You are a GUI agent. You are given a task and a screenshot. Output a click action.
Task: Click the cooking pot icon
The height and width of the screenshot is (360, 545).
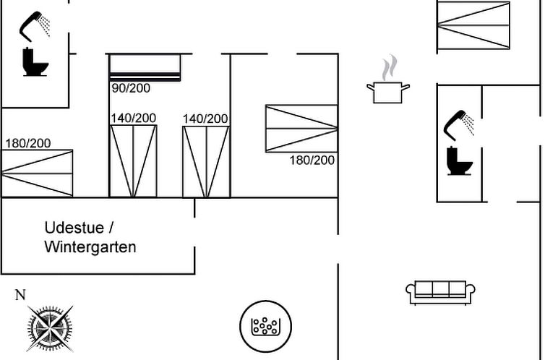tap(388, 92)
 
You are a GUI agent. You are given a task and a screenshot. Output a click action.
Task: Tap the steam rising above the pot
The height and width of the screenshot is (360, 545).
tap(390, 68)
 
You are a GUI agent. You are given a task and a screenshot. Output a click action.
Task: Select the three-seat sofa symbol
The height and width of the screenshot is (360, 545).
tap(440, 293)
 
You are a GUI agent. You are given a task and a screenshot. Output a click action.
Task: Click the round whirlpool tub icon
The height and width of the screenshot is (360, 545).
tap(265, 326)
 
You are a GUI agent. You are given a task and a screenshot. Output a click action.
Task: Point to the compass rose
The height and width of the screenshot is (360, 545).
tap(50, 328)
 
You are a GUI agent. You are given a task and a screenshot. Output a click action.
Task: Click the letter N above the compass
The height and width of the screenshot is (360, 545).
tap(20, 295)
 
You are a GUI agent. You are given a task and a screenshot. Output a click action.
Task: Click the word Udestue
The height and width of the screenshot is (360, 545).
tap(74, 228)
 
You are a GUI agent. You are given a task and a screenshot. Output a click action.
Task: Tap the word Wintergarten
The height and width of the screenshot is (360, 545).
tap(90, 247)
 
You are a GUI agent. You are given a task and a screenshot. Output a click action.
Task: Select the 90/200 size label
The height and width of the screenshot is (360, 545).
tap(131, 88)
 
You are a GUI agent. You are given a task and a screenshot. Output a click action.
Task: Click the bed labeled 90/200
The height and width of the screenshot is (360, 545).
tap(145, 68)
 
